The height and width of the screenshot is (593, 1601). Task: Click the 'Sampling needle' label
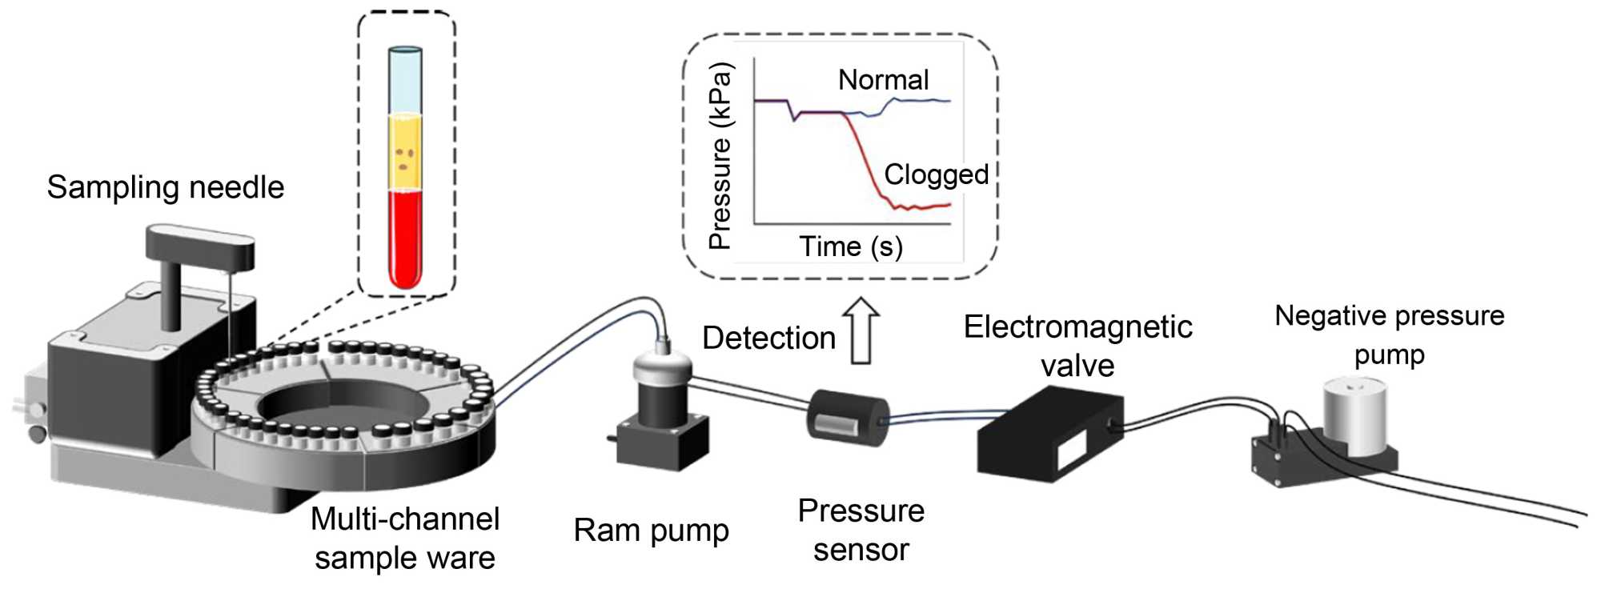click(x=166, y=187)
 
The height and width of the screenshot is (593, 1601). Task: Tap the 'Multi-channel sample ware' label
click(x=405, y=539)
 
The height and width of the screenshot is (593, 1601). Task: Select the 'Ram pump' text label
click(x=651, y=531)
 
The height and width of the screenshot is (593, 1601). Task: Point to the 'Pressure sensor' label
click(x=861, y=531)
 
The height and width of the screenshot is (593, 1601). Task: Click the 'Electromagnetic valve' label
click(x=1077, y=346)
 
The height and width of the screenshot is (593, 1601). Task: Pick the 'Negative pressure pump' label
click(x=1389, y=335)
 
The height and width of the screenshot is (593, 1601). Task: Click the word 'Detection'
click(x=768, y=339)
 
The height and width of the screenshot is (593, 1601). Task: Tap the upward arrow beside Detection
click(x=861, y=331)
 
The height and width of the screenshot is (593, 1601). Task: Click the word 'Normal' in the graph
click(x=883, y=80)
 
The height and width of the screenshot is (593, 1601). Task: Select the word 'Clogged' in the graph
click(x=936, y=174)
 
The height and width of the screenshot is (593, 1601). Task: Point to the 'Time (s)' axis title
click(x=850, y=246)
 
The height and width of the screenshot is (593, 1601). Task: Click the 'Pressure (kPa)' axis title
click(x=720, y=155)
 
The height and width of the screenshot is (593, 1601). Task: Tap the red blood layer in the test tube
click(x=405, y=236)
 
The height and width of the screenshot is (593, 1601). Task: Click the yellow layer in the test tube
click(x=405, y=152)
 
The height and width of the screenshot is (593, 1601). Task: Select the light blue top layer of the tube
click(x=405, y=84)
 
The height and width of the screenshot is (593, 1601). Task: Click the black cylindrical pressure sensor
click(x=847, y=417)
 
